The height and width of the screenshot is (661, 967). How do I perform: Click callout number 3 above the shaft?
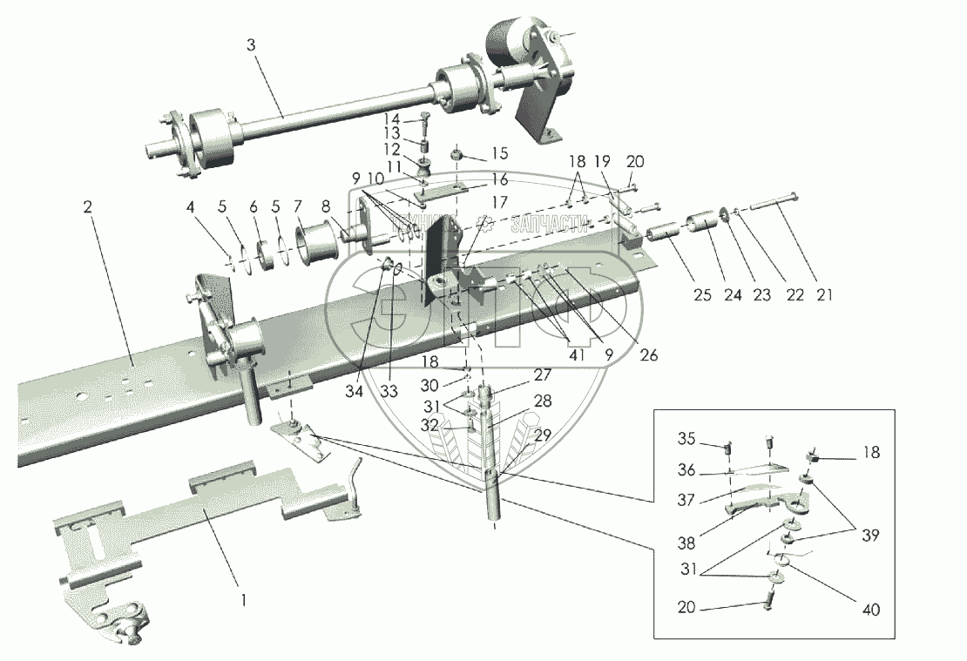251,45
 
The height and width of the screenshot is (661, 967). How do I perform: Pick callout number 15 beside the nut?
500,154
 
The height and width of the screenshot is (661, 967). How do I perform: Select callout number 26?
646,355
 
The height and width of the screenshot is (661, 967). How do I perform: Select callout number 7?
297,206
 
